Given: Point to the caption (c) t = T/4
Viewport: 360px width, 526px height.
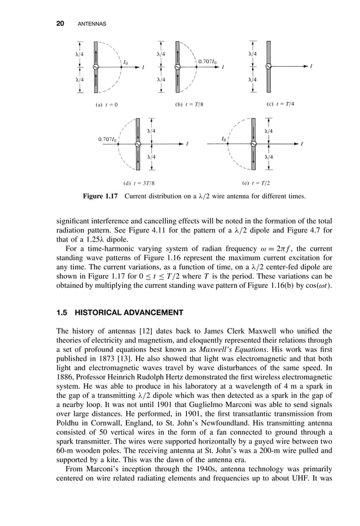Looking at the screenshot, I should click(280, 104).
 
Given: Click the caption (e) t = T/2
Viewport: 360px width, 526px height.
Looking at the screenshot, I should click(257, 183).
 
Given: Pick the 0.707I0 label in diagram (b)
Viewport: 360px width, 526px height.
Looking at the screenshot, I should click(208, 60).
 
